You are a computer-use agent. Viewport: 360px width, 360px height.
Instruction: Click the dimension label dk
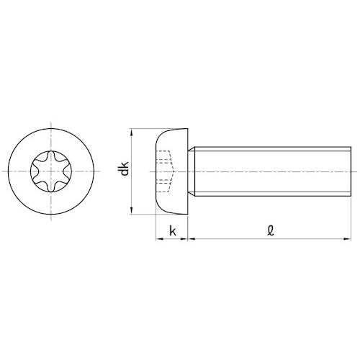pos(125,168)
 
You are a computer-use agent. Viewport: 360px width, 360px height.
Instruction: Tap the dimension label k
pos(173,231)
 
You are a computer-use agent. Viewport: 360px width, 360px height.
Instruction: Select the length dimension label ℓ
pos(271,230)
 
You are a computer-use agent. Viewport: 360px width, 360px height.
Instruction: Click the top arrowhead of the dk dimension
pos(131,132)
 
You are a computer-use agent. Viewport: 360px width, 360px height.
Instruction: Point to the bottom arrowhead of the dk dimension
pos(131,210)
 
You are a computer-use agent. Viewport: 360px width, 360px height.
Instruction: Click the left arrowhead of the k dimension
pos(160,239)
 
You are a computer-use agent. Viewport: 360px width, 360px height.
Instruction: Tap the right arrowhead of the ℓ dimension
pos(347,239)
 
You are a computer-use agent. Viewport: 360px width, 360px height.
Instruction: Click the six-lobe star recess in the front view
pos(51,171)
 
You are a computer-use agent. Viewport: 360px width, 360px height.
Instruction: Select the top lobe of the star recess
pos(51,156)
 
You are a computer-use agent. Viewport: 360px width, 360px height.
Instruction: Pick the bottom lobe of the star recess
pos(51,188)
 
